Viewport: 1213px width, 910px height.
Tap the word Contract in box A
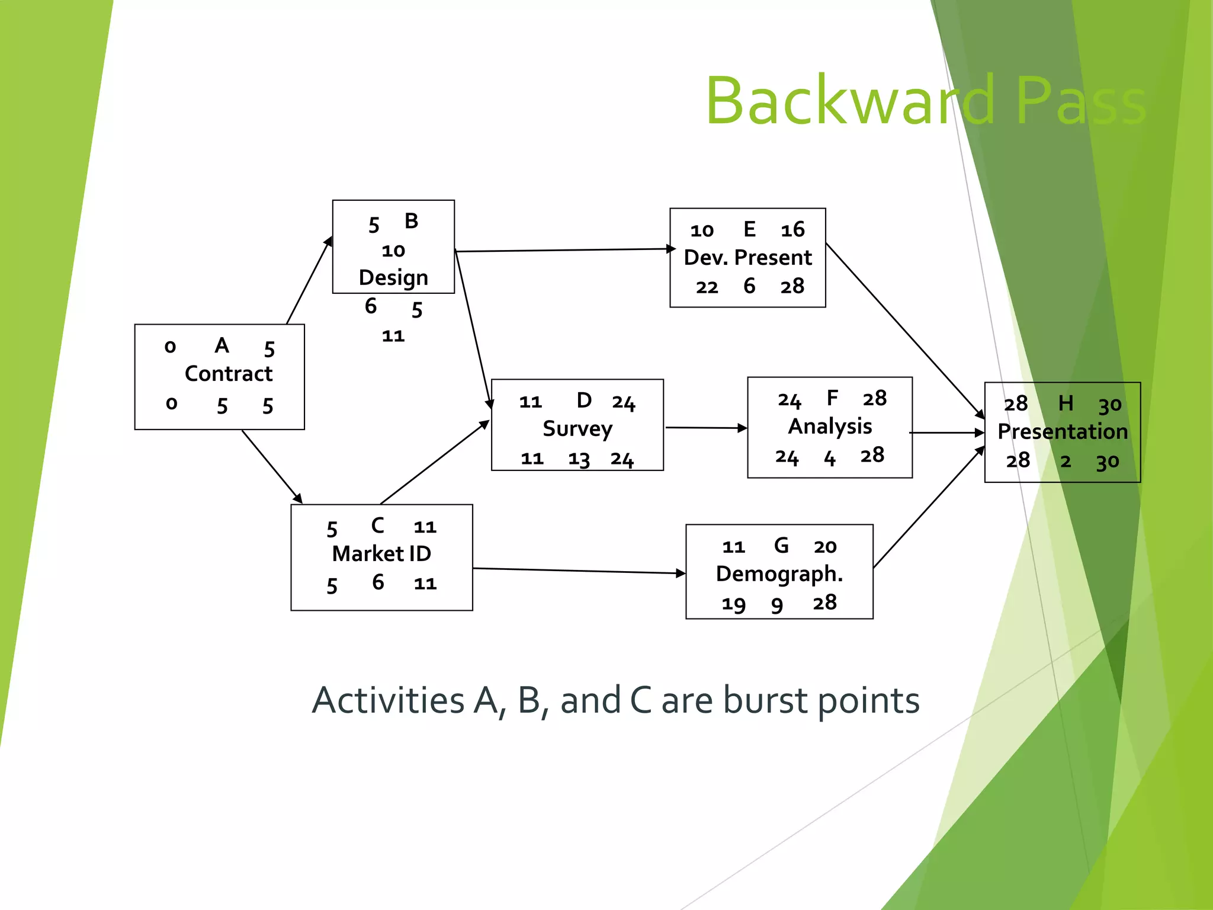point(229,374)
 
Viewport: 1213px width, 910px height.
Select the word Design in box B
point(393,278)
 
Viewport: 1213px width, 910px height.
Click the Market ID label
point(381,553)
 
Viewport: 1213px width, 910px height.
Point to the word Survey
point(577,429)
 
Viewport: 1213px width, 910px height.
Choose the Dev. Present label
point(747,258)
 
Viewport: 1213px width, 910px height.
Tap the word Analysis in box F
point(830,427)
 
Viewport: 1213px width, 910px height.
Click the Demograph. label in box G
point(779,573)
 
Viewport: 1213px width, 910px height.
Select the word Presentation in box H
point(1063,431)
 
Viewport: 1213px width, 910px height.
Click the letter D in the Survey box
point(584,400)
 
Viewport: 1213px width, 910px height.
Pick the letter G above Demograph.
point(781,545)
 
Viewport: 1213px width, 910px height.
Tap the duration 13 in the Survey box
point(579,459)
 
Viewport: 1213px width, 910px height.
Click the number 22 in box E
point(707,287)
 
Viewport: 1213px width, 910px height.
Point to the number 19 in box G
point(733,604)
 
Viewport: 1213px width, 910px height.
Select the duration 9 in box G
point(777,605)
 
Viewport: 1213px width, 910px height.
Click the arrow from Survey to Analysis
point(705,427)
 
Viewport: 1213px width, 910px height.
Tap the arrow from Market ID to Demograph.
point(579,571)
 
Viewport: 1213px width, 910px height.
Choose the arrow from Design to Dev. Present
point(563,250)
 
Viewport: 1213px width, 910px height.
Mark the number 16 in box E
point(792,230)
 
